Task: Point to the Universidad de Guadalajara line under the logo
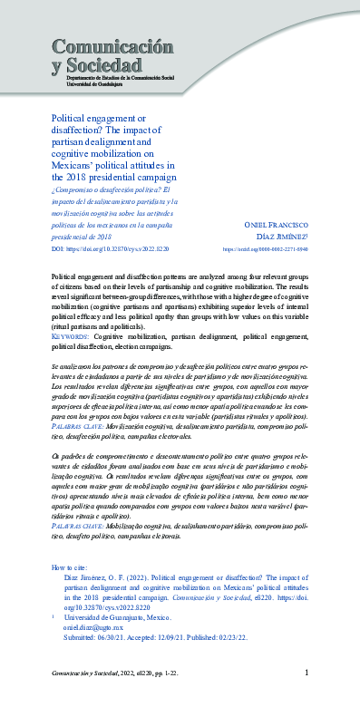coord(85,86)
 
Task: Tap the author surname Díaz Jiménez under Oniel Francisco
coord(283,235)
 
